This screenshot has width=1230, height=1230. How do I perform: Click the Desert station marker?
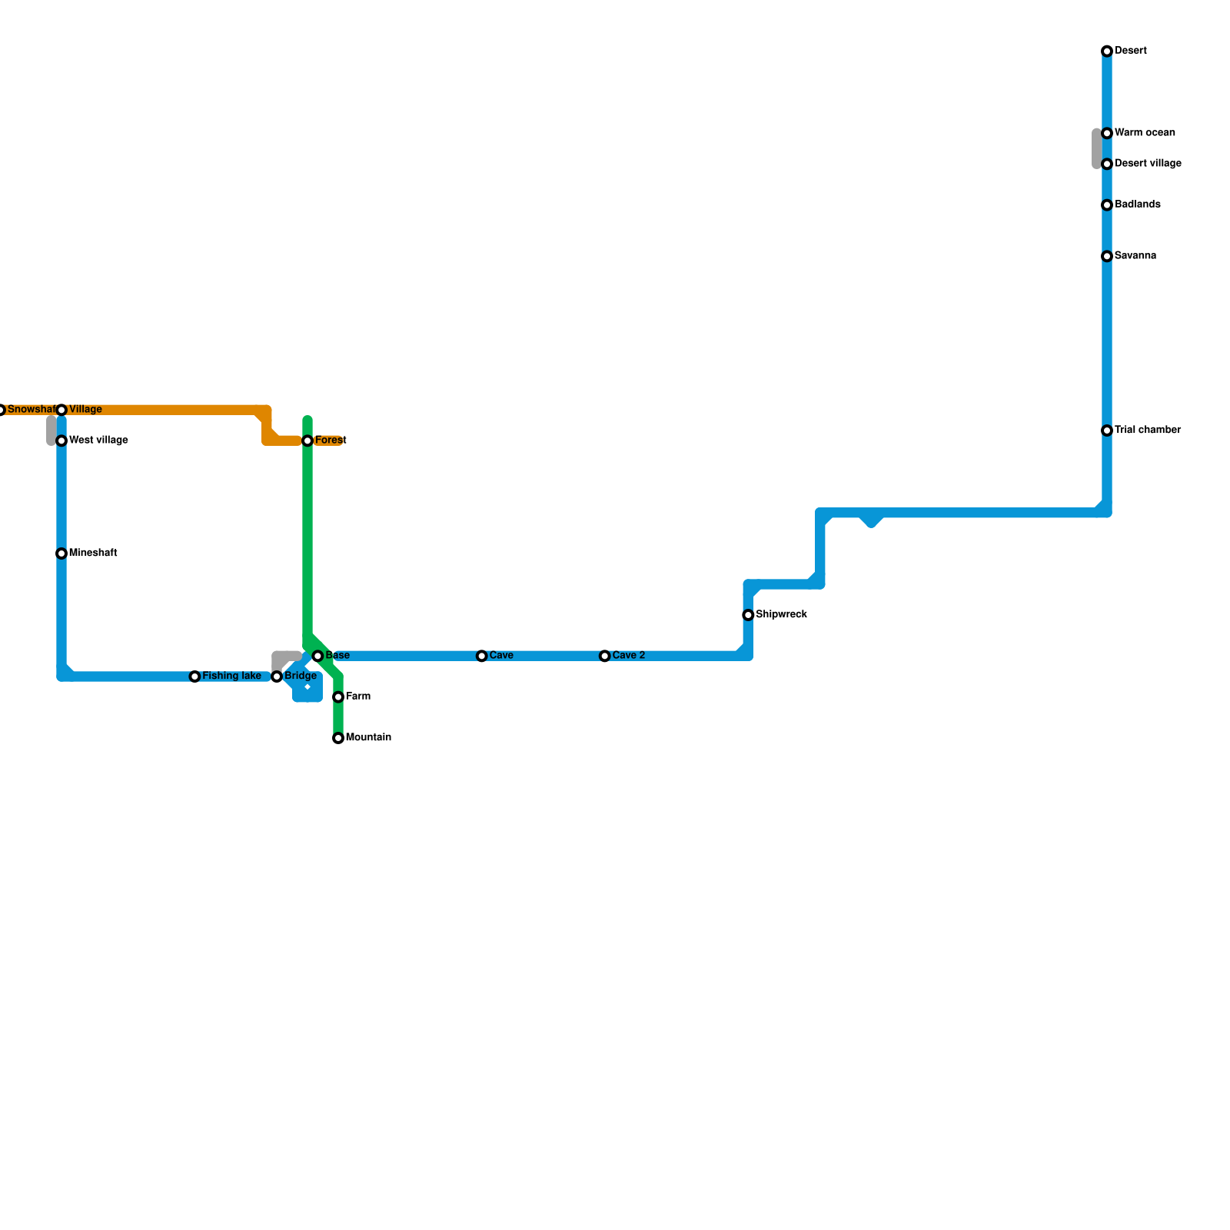pos(1107,52)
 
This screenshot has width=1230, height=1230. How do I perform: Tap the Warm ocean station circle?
pos(1107,134)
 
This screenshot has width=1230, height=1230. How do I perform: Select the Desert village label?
pos(1148,164)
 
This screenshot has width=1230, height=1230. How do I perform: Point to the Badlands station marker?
pos(1107,205)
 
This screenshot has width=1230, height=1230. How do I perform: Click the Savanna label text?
pos(1135,256)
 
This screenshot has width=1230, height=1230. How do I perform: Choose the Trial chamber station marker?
pos(1107,430)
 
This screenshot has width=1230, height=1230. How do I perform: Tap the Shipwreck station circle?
pos(748,615)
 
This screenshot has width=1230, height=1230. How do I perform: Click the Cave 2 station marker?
pos(605,657)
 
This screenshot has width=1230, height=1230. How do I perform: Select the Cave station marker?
pos(482,657)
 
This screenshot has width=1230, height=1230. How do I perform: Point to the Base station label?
pos(337,656)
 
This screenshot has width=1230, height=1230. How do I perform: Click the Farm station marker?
pos(338,697)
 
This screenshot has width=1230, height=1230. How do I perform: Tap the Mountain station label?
pos(368,738)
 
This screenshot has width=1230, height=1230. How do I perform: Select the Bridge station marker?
pos(277,676)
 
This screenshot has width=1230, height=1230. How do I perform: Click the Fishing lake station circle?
pos(195,676)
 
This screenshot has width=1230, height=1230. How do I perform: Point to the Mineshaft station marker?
pos(61,553)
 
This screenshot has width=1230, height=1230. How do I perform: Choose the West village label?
pos(98,440)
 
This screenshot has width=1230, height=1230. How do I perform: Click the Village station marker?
pos(61,410)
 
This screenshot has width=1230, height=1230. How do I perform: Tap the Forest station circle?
pos(307,440)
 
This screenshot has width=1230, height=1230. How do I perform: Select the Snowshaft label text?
pos(31,410)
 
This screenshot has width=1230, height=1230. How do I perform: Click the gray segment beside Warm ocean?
pos(1097,148)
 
